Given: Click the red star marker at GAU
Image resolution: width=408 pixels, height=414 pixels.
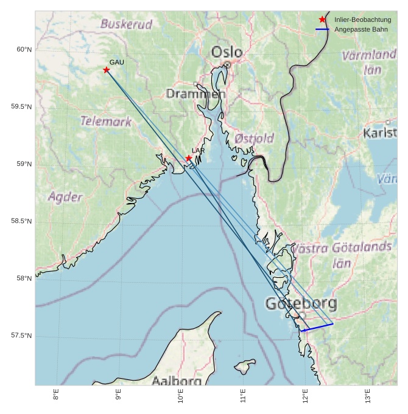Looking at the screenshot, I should pos(107,70).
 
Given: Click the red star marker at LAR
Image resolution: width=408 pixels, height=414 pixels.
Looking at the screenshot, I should pos(189,158).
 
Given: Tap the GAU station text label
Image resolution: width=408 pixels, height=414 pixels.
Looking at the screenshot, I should pos(116,62).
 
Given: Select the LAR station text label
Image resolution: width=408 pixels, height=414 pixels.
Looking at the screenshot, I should pos(198,150).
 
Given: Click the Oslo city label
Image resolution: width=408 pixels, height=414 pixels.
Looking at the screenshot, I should pos(227,52).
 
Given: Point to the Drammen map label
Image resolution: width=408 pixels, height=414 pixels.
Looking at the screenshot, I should pos(195,94).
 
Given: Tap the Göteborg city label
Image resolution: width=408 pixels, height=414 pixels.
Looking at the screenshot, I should pos(301,303).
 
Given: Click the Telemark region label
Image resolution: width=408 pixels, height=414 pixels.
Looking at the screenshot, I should pos(106,121).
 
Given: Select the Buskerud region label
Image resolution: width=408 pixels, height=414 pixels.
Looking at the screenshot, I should pos(126,24).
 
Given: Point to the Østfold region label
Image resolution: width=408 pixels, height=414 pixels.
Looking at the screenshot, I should pos(254,138).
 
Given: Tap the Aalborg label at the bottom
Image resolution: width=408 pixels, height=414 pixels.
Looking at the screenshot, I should pos(177,381).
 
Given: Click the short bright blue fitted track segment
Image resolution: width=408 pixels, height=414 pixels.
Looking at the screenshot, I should pos(317,327).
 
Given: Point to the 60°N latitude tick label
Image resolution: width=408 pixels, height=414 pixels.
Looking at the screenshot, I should pos(24,49).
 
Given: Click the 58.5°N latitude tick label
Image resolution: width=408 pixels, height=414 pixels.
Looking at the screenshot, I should pos(21,221).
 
